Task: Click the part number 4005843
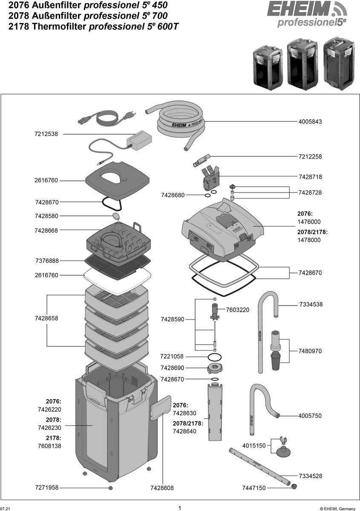tap(310, 122)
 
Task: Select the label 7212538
tap(46, 134)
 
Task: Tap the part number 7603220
tap(237, 310)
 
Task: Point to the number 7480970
tap(310, 351)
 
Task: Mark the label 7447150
tap(253, 488)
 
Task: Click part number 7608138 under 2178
tap(49, 446)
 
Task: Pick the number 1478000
tap(309, 240)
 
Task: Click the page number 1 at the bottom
tap(180, 508)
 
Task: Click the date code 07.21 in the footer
tap(5, 508)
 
